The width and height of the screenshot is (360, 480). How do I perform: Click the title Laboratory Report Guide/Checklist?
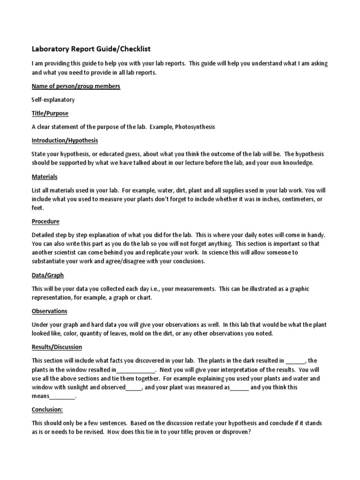(91, 49)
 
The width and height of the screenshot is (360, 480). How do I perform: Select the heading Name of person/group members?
(76, 86)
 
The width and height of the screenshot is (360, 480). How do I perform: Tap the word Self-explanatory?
(53, 100)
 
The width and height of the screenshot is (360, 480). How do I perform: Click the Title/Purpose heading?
(50, 113)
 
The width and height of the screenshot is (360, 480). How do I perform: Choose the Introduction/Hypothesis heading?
(65, 141)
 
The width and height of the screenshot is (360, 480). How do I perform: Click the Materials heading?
(45, 177)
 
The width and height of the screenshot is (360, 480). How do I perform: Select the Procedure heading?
(45, 221)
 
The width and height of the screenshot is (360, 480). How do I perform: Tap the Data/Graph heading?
(48, 275)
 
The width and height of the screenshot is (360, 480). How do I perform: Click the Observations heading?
(49, 311)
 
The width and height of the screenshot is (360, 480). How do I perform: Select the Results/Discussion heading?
(57, 347)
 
